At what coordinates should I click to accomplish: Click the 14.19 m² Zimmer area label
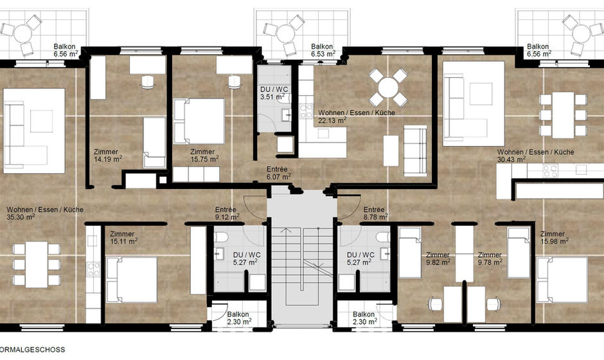(x=107, y=155)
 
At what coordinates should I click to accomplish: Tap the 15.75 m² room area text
(x=204, y=155)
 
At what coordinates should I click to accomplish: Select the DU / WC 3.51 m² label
(x=274, y=93)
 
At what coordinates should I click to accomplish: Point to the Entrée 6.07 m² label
(x=278, y=173)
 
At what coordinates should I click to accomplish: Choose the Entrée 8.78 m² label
(x=376, y=213)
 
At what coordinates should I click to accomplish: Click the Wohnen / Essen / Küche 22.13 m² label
(x=357, y=116)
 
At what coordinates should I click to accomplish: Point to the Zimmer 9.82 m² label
(x=438, y=258)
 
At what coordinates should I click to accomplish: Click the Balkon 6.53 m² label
(x=323, y=50)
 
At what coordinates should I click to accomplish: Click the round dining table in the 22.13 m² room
(x=388, y=88)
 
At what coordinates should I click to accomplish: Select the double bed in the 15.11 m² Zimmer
(x=131, y=280)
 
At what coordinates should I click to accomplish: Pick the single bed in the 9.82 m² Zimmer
(x=410, y=253)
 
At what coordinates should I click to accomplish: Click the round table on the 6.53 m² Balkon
(x=286, y=34)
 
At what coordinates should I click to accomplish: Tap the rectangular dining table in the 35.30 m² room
(x=37, y=264)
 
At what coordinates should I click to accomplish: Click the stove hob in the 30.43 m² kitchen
(x=549, y=170)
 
